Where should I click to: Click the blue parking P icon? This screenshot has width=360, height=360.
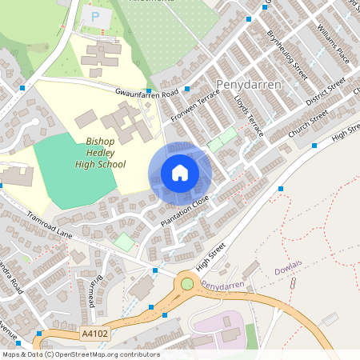click(97, 16)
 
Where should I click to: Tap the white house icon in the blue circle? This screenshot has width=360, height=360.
click(180, 173)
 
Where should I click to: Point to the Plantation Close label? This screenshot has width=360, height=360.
click(184, 210)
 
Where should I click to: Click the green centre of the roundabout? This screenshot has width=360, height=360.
click(188, 282)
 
